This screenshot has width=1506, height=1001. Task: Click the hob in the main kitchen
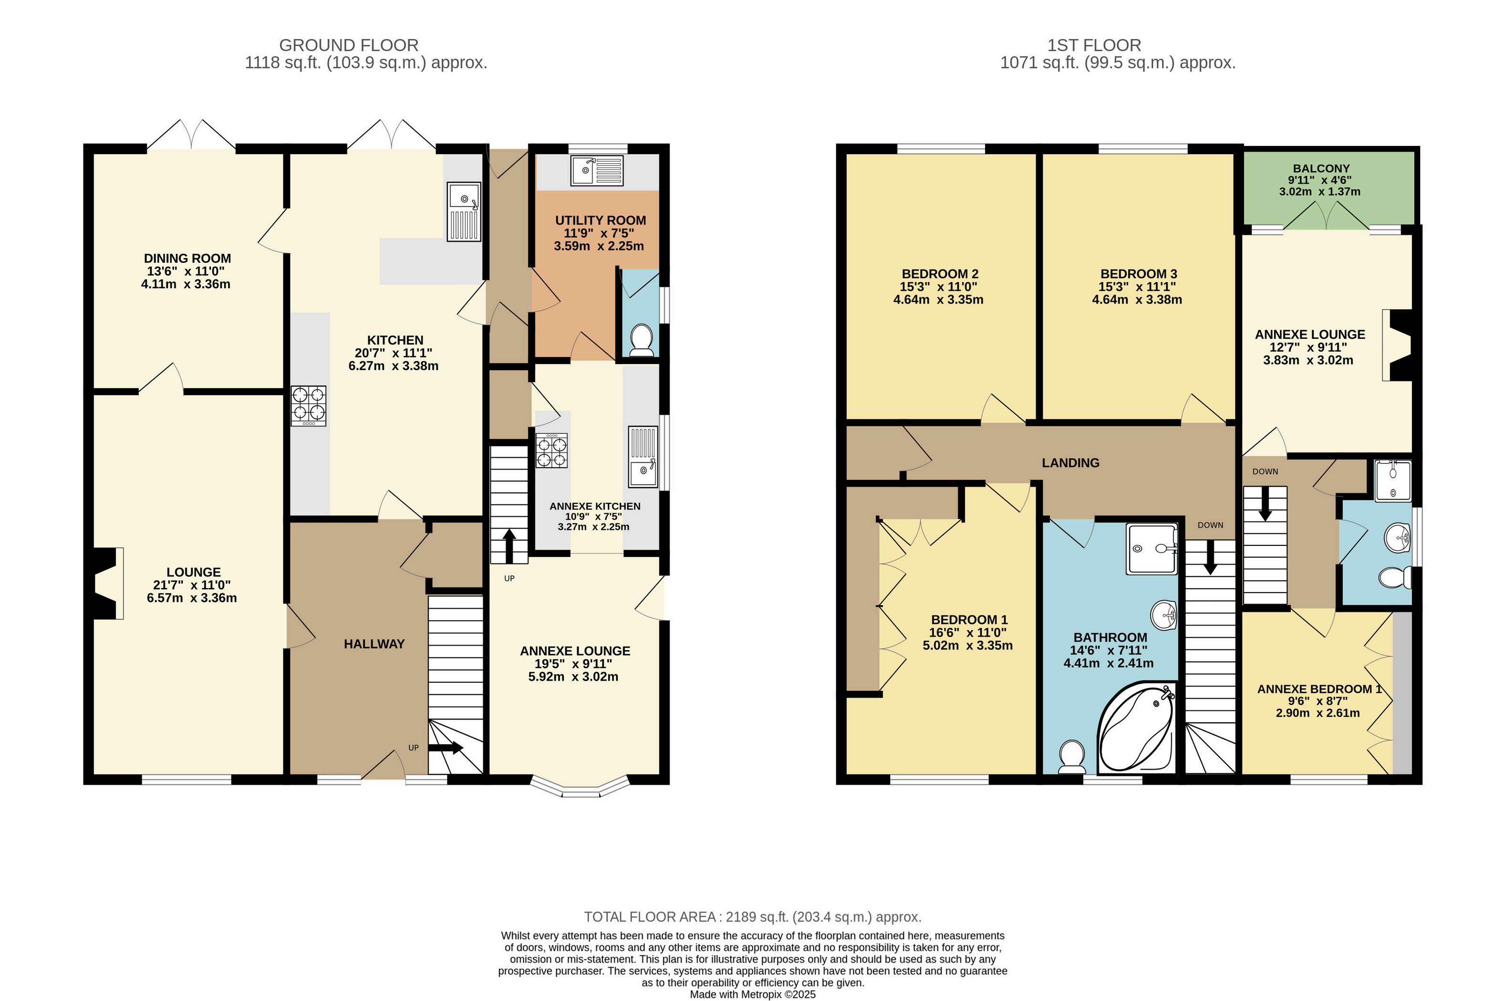click(x=309, y=406)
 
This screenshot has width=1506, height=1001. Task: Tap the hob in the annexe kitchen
click(x=552, y=451)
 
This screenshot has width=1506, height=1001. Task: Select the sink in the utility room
click(x=597, y=170)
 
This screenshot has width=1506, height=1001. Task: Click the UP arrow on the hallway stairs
click(x=446, y=748)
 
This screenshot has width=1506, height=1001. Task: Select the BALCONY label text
click(x=1321, y=168)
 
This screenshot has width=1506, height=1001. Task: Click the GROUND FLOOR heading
click(x=349, y=45)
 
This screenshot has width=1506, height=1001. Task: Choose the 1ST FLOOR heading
click(x=1094, y=45)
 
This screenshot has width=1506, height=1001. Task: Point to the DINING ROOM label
click(x=187, y=259)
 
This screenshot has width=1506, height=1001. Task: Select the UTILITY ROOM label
click(x=601, y=220)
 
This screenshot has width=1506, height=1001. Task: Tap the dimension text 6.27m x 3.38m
click(x=393, y=366)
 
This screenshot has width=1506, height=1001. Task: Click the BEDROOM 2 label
click(x=940, y=274)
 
